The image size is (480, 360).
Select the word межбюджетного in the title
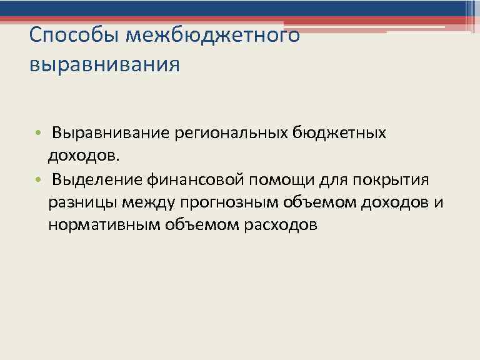(x=212, y=36)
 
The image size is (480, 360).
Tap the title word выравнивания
(x=104, y=65)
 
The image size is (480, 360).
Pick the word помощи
(x=279, y=180)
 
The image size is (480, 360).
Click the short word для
(x=331, y=180)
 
